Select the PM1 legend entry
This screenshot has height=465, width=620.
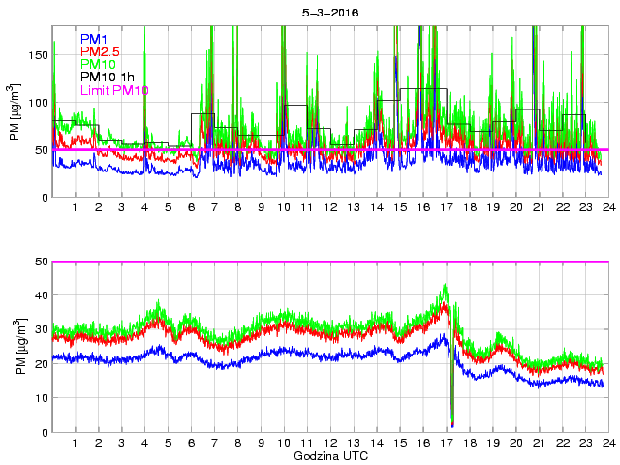[94, 39]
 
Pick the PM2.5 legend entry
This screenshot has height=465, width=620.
[100, 51]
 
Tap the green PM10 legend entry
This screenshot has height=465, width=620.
[99, 64]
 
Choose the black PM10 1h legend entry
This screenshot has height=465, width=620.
[108, 77]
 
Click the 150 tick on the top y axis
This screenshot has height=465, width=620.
[38, 55]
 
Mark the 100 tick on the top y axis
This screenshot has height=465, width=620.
[38, 103]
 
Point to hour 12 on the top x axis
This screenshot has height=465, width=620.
[330, 208]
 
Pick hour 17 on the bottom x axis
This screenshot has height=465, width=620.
[447, 443]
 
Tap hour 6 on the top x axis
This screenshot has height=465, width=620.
[191, 208]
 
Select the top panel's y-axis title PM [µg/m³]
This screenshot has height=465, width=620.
[14, 112]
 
